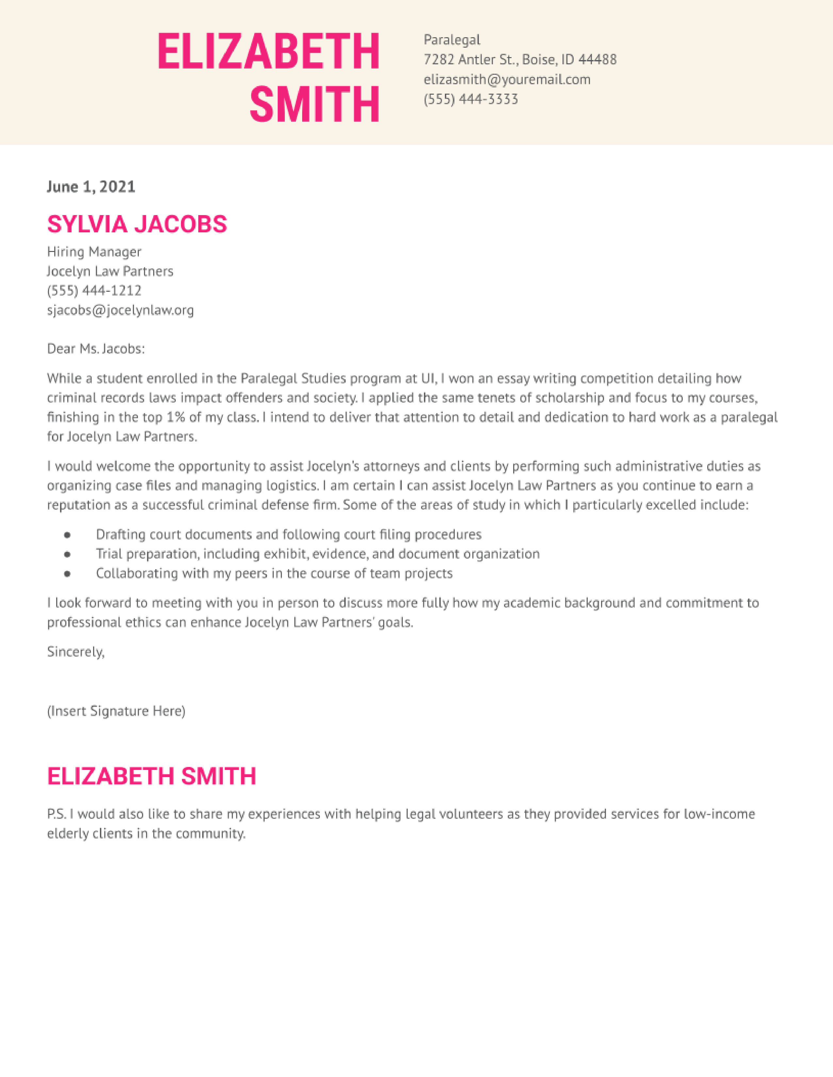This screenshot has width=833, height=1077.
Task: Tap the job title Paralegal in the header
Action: pos(451,40)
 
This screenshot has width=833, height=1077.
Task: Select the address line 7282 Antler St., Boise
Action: pos(520,60)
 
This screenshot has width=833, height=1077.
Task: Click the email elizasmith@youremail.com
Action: pos(507,79)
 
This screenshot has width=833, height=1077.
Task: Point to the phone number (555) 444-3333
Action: pos(471,99)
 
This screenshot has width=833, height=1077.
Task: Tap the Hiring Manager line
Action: pos(94,252)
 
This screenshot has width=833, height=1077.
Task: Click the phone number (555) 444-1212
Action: pos(94,290)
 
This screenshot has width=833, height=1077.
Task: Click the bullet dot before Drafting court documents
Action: pos(67,535)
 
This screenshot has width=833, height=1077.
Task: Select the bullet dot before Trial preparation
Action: pos(67,554)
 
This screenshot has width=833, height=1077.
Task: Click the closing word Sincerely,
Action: pos(75,652)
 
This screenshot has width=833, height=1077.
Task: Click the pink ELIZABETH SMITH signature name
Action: pos(152,776)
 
